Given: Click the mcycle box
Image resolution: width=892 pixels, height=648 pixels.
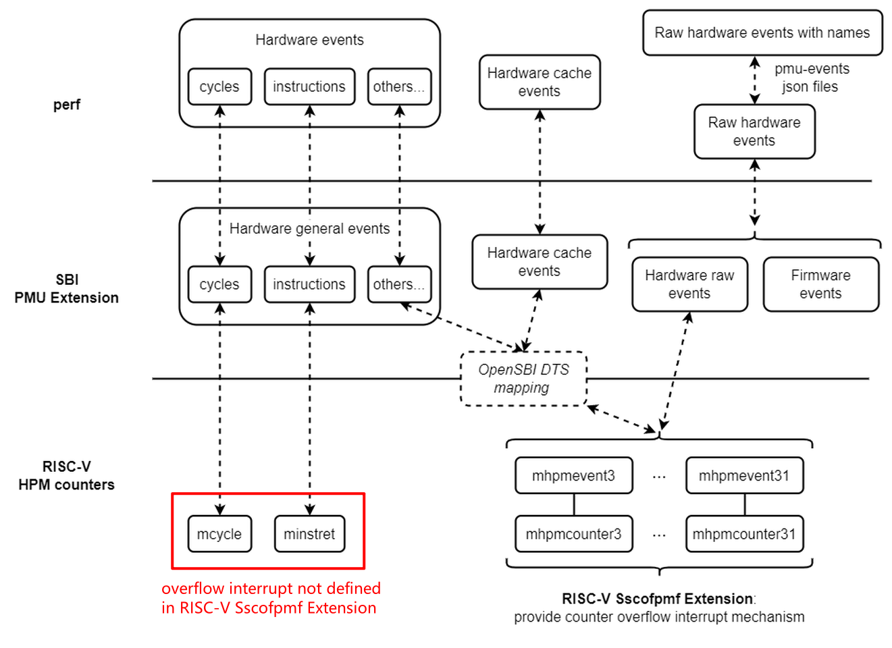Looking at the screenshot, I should pos(219,534).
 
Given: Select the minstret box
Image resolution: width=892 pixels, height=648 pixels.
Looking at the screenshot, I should pos(309,534).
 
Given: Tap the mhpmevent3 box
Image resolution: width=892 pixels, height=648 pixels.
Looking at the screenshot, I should pos(573,476).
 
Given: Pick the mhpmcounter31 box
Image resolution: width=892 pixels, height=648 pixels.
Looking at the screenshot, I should pos(744,534).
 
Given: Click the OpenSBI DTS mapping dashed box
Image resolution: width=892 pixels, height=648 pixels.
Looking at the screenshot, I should pos(523,379).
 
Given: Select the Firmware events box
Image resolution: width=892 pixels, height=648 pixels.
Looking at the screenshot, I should pos(820,284).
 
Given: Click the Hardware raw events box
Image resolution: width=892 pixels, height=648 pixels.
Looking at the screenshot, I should pos(689,284).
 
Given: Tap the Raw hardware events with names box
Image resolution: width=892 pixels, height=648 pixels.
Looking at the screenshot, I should pos(762,32).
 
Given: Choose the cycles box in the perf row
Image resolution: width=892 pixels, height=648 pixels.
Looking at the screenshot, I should pos(219,86).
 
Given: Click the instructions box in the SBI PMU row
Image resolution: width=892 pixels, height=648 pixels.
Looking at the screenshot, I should pos(309,284).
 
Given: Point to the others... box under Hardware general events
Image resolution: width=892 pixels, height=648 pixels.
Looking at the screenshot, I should pos(399,284).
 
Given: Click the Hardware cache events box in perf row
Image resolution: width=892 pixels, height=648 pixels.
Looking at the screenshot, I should pos(540,82).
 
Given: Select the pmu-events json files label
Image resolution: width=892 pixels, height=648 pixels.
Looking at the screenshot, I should pos(811,78).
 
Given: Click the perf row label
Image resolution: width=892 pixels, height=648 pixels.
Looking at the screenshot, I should pos(67,105).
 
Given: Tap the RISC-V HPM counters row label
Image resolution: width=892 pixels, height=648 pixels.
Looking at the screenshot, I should pos(67,476).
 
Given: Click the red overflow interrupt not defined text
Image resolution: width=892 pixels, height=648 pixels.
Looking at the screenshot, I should pos(270,598).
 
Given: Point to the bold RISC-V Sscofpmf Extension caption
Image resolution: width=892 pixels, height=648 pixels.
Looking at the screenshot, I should pos(657,599).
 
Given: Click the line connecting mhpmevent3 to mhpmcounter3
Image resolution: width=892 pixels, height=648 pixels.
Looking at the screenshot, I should pos(574,505).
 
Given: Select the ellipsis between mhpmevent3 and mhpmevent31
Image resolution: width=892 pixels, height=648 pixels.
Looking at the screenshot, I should pos(659,477).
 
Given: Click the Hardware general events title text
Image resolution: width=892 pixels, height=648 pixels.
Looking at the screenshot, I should pos(309,229).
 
